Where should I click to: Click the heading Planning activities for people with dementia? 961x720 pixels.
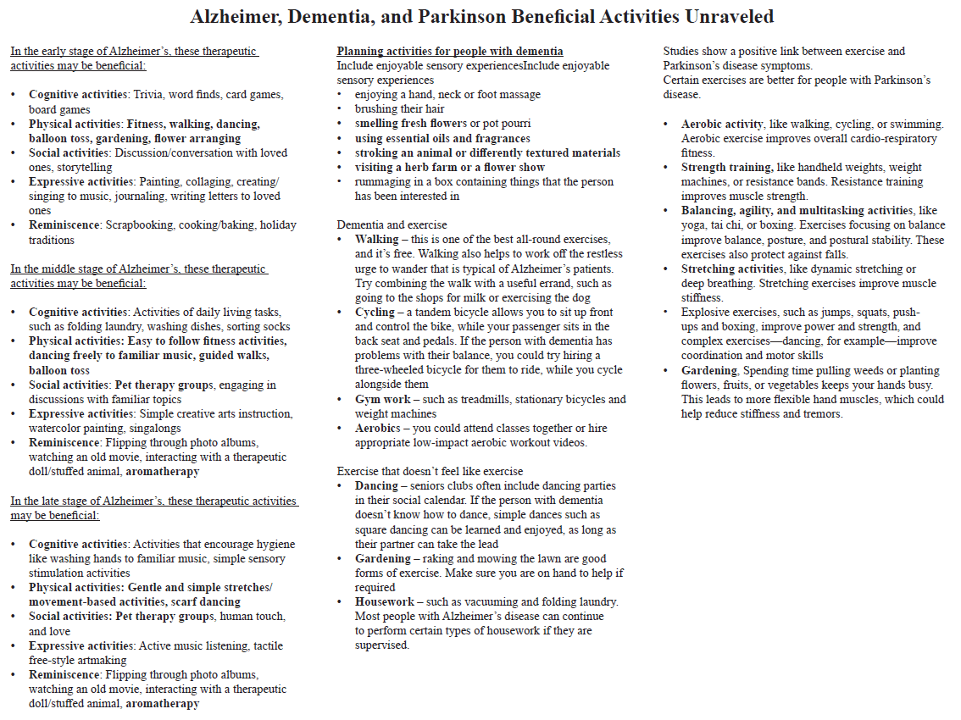tap(450, 52)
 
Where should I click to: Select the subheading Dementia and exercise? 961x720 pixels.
tap(392, 225)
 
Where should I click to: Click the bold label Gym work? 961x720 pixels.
tap(382, 400)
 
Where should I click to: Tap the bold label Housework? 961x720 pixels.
tap(385, 602)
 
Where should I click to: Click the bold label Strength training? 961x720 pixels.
tap(726, 168)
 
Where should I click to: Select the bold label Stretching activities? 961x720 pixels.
tap(731, 269)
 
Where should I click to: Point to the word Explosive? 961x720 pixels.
tap(708, 313)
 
